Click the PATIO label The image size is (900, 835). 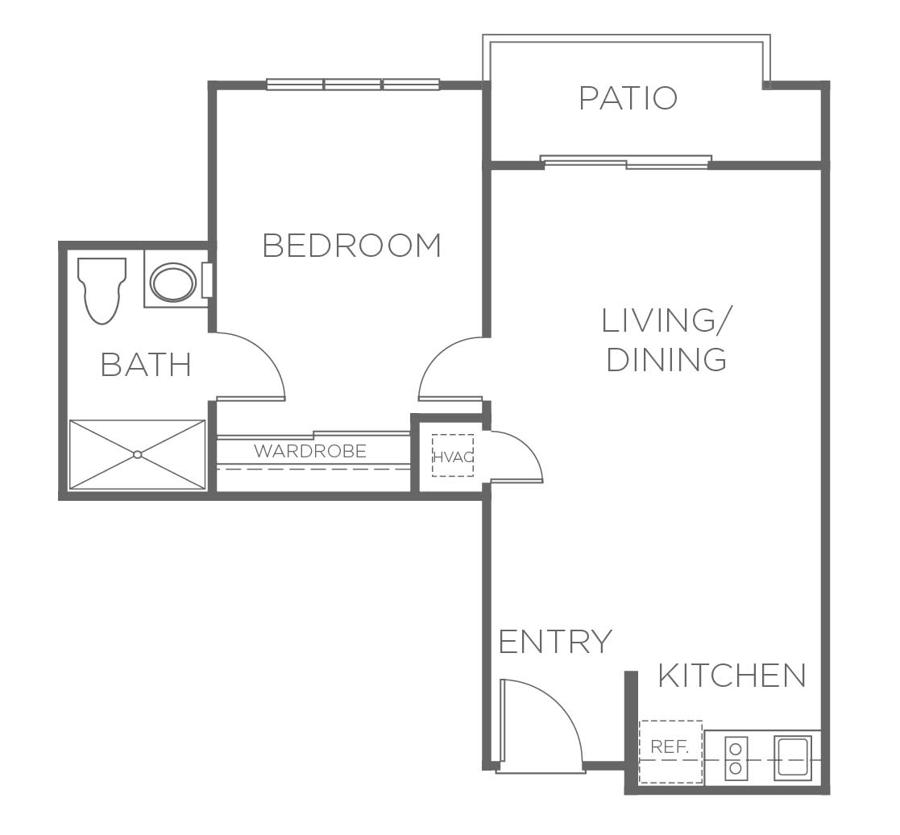[628, 98]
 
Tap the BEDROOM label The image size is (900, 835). [352, 246]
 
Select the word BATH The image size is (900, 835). [146, 365]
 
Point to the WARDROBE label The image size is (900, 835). [310, 452]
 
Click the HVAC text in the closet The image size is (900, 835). [453, 457]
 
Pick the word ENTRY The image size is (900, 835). [556, 641]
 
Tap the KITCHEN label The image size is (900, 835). [732, 676]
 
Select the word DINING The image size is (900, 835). [667, 360]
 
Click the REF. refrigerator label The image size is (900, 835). [670, 747]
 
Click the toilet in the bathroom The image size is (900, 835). [102, 290]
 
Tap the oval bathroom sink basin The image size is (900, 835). [173, 283]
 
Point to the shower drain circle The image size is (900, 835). [137, 455]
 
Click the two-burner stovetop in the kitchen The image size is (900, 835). [736, 759]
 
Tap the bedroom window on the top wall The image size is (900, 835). [353, 85]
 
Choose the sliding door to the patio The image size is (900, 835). [626, 162]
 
